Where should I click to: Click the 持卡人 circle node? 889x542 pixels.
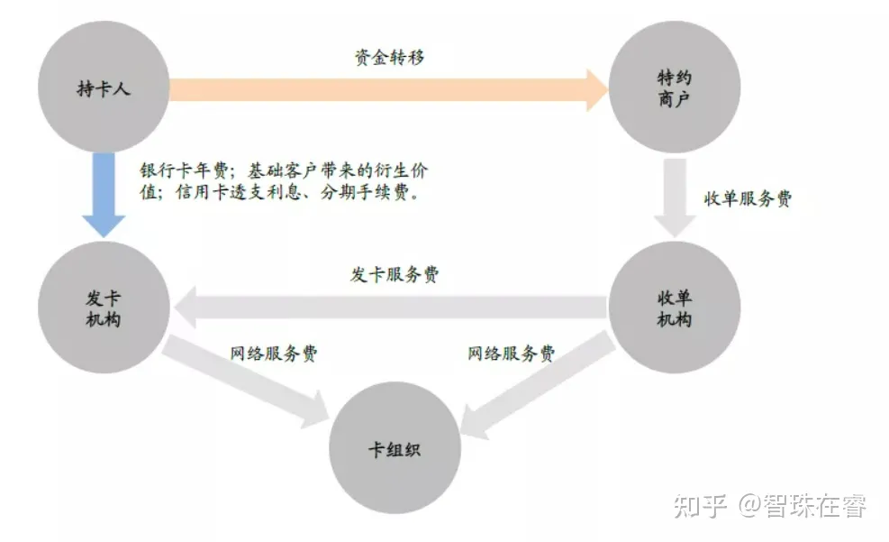pos(104,87)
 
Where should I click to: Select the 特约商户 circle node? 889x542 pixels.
pos(675,87)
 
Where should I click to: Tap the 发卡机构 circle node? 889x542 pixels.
pos(104,308)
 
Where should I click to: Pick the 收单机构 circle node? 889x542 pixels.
pos(675,308)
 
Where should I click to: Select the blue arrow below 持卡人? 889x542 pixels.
pos(104,194)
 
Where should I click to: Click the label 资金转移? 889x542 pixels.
pos(388,58)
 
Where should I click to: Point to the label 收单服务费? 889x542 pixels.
pos(748,199)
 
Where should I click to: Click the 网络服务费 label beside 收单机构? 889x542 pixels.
pos(511,354)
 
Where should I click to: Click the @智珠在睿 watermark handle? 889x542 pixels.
pos(803,506)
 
